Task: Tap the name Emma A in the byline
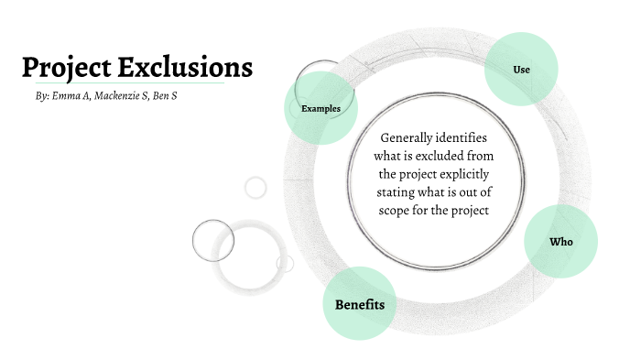71,96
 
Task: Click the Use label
521,70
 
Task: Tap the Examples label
320,109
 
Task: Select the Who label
560,242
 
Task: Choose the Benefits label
359,304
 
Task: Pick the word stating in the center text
398,192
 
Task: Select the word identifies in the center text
467,137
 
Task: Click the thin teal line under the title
124,83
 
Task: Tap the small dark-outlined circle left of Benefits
213,240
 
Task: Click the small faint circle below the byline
255,188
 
